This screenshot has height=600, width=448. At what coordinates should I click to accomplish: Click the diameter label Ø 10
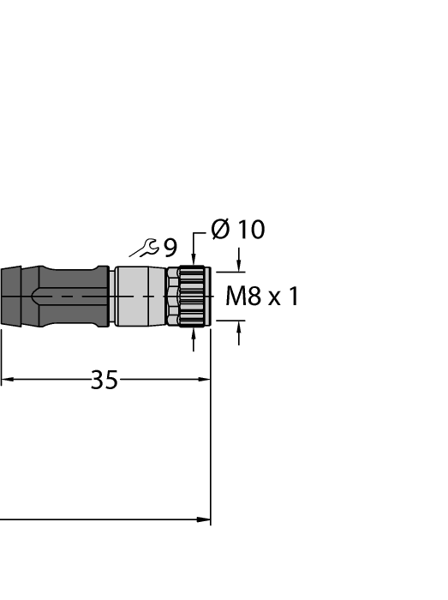[x=238, y=230]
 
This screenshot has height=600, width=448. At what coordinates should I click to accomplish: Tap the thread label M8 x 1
[x=262, y=297]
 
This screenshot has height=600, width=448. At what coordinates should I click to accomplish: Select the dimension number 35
[x=104, y=381]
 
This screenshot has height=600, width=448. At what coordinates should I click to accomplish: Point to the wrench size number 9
[x=170, y=249]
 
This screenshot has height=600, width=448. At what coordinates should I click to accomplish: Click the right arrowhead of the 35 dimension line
[x=205, y=380]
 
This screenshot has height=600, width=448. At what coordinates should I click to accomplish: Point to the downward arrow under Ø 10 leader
[x=194, y=260]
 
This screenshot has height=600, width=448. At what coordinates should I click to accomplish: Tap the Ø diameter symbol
[x=220, y=230]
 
